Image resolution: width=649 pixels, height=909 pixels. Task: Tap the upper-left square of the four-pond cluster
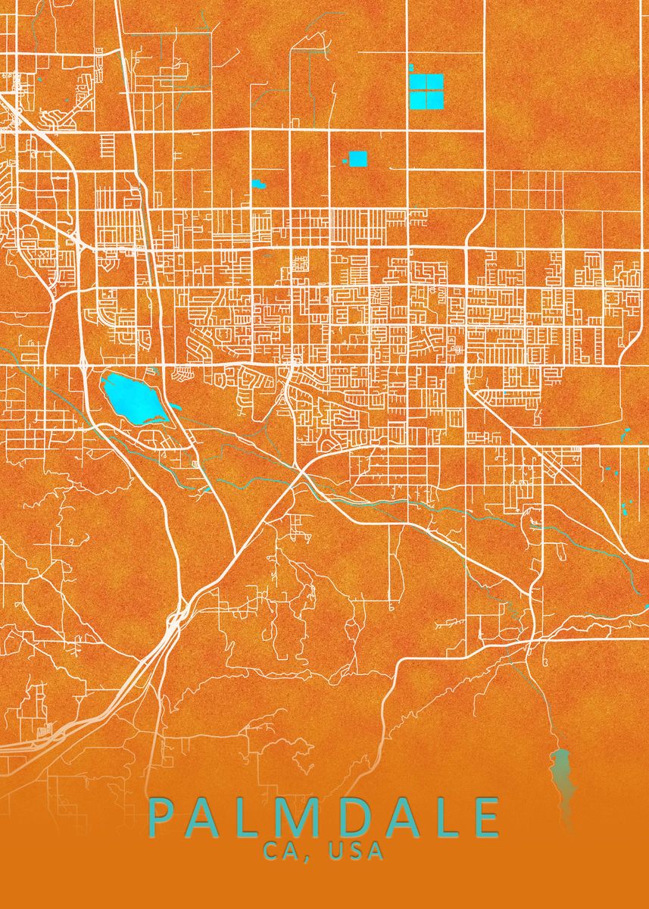pyautogui.click(x=417, y=82)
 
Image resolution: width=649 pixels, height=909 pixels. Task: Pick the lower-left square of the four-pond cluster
pyautogui.click(x=417, y=99)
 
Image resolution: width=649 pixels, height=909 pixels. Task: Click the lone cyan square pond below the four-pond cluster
pyautogui.click(x=357, y=158)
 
